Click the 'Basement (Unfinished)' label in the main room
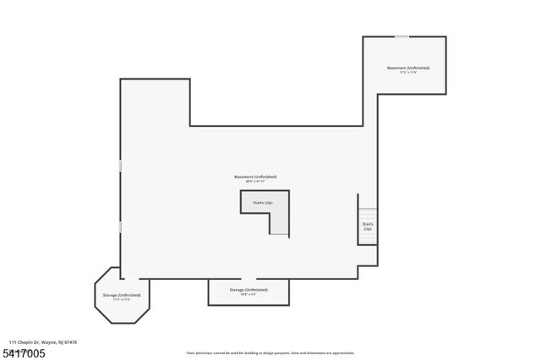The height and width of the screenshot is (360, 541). click(255, 177)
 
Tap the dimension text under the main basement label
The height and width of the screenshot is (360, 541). click(255, 182)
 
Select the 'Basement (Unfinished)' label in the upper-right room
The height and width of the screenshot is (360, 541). click(408, 68)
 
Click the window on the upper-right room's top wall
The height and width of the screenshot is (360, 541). click(402, 36)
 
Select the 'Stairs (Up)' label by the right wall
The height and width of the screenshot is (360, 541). click(367, 226)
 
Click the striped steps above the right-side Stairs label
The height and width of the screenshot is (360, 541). click(367, 214)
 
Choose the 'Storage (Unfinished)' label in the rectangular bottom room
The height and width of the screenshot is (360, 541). click(249, 289)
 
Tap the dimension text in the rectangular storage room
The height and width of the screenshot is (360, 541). click(249, 294)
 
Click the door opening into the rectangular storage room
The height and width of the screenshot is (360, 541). click(249, 278)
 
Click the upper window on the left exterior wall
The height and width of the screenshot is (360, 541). click(120, 166)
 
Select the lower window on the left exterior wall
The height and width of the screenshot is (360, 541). click(120, 227)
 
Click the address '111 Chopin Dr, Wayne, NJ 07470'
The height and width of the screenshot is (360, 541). click(43, 342)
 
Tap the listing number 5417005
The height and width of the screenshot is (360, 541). click(25, 352)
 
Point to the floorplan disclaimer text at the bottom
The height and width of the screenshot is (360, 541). click(270, 353)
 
